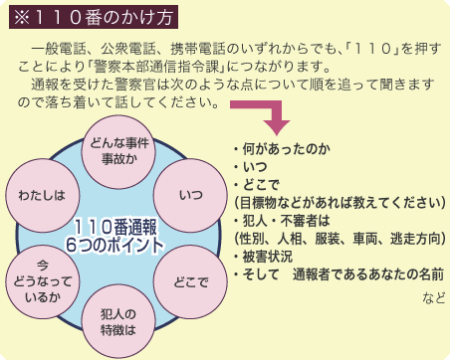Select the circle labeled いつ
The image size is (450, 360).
coord(190,189)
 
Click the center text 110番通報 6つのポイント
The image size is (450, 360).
coord(115,235)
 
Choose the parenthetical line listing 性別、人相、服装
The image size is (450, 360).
coord(337,239)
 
